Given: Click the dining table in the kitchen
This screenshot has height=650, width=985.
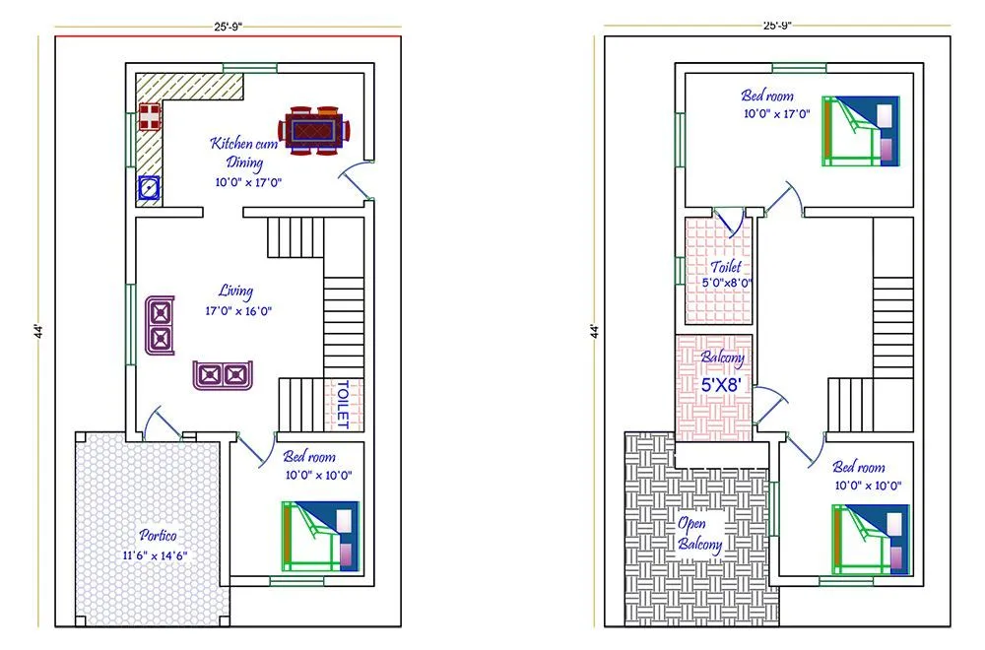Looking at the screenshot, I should (x=316, y=129).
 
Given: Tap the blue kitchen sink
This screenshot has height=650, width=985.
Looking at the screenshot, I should (x=148, y=187).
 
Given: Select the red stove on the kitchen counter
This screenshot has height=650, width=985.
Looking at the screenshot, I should (x=149, y=116).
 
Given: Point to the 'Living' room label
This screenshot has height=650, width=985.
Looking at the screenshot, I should (x=236, y=292).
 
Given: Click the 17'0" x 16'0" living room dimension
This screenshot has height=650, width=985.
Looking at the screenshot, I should (x=237, y=311).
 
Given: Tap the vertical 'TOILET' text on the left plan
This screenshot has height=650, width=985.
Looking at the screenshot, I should (x=343, y=404).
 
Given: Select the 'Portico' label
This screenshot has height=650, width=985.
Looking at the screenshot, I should (x=158, y=536).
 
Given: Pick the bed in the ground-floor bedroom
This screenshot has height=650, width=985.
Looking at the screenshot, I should (x=320, y=536).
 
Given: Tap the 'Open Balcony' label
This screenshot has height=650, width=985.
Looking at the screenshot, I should (x=699, y=533).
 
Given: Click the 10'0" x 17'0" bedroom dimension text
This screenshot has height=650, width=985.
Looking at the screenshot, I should (x=776, y=114).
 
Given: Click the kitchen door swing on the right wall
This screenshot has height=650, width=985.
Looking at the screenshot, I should (x=355, y=179).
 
